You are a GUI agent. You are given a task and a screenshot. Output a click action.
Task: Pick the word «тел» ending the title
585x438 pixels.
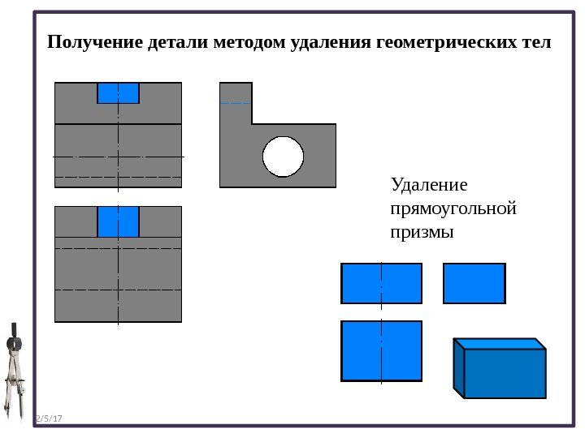click(x=534, y=41)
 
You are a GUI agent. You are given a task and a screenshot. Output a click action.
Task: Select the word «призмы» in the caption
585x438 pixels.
click(x=421, y=232)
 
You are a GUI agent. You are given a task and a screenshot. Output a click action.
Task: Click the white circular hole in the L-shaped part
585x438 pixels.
click(x=283, y=156)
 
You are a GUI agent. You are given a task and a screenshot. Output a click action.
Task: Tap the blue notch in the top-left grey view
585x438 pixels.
click(x=118, y=93)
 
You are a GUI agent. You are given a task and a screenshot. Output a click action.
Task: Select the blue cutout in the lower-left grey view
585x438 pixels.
click(x=118, y=221)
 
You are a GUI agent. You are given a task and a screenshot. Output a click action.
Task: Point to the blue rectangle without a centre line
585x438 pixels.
click(x=474, y=283)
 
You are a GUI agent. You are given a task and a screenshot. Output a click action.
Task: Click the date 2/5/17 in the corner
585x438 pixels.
click(x=50, y=419)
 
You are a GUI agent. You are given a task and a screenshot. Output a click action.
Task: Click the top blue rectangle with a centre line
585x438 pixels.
click(x=381, y=283)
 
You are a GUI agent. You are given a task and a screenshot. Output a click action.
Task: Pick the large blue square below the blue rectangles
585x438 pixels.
click(x=381, y=350)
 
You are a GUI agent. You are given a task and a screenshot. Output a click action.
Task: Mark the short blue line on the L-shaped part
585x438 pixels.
click(x=235, y=103)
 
